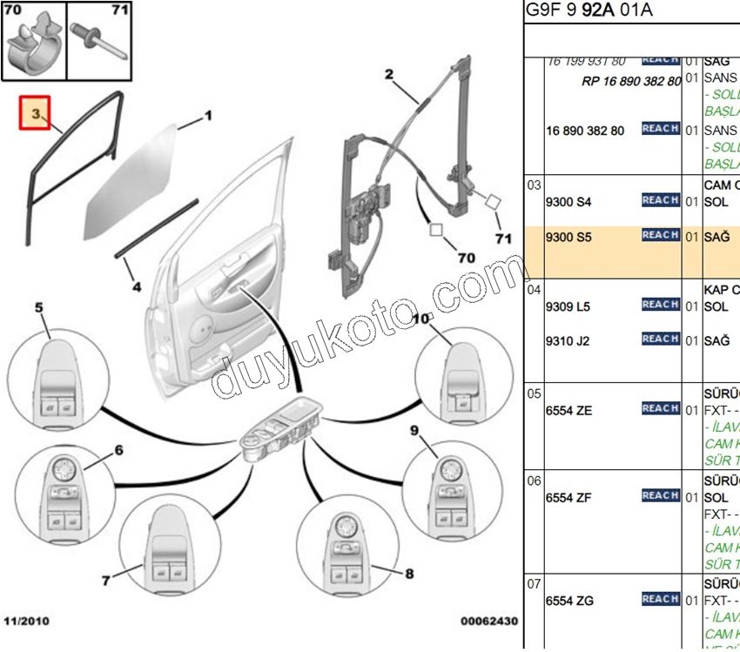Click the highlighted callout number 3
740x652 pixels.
pyautogui.click(x=36, y=114)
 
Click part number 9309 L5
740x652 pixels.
pyautogui.click(x=568, y=306)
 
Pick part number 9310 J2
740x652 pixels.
pyautogui.click(x=568, y=341)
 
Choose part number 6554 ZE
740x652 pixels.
pyautogui.click(x=568, y=410)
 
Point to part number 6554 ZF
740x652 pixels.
pyautogui.click(x=568, y=498)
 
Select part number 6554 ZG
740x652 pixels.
pyautogui.click(x=569, y=601)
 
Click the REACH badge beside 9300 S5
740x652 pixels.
pyautogui.click(x=660, y=235)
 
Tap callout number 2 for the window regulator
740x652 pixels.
pyautogui.click(x=389, y=74)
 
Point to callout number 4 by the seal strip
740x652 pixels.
pyautogui.click(x=137, y=286)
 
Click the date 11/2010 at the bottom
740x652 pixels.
pyautogui.click(x=27, y=622)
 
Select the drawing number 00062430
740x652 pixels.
pyautogui.click(x=488, y=622)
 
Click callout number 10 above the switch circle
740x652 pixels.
pyautogui.click(x=420, y=319)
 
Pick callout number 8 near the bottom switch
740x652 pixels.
pyautogui.click(x=409, y=574)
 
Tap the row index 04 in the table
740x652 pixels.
pyautogui.click(x=534, y=288)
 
